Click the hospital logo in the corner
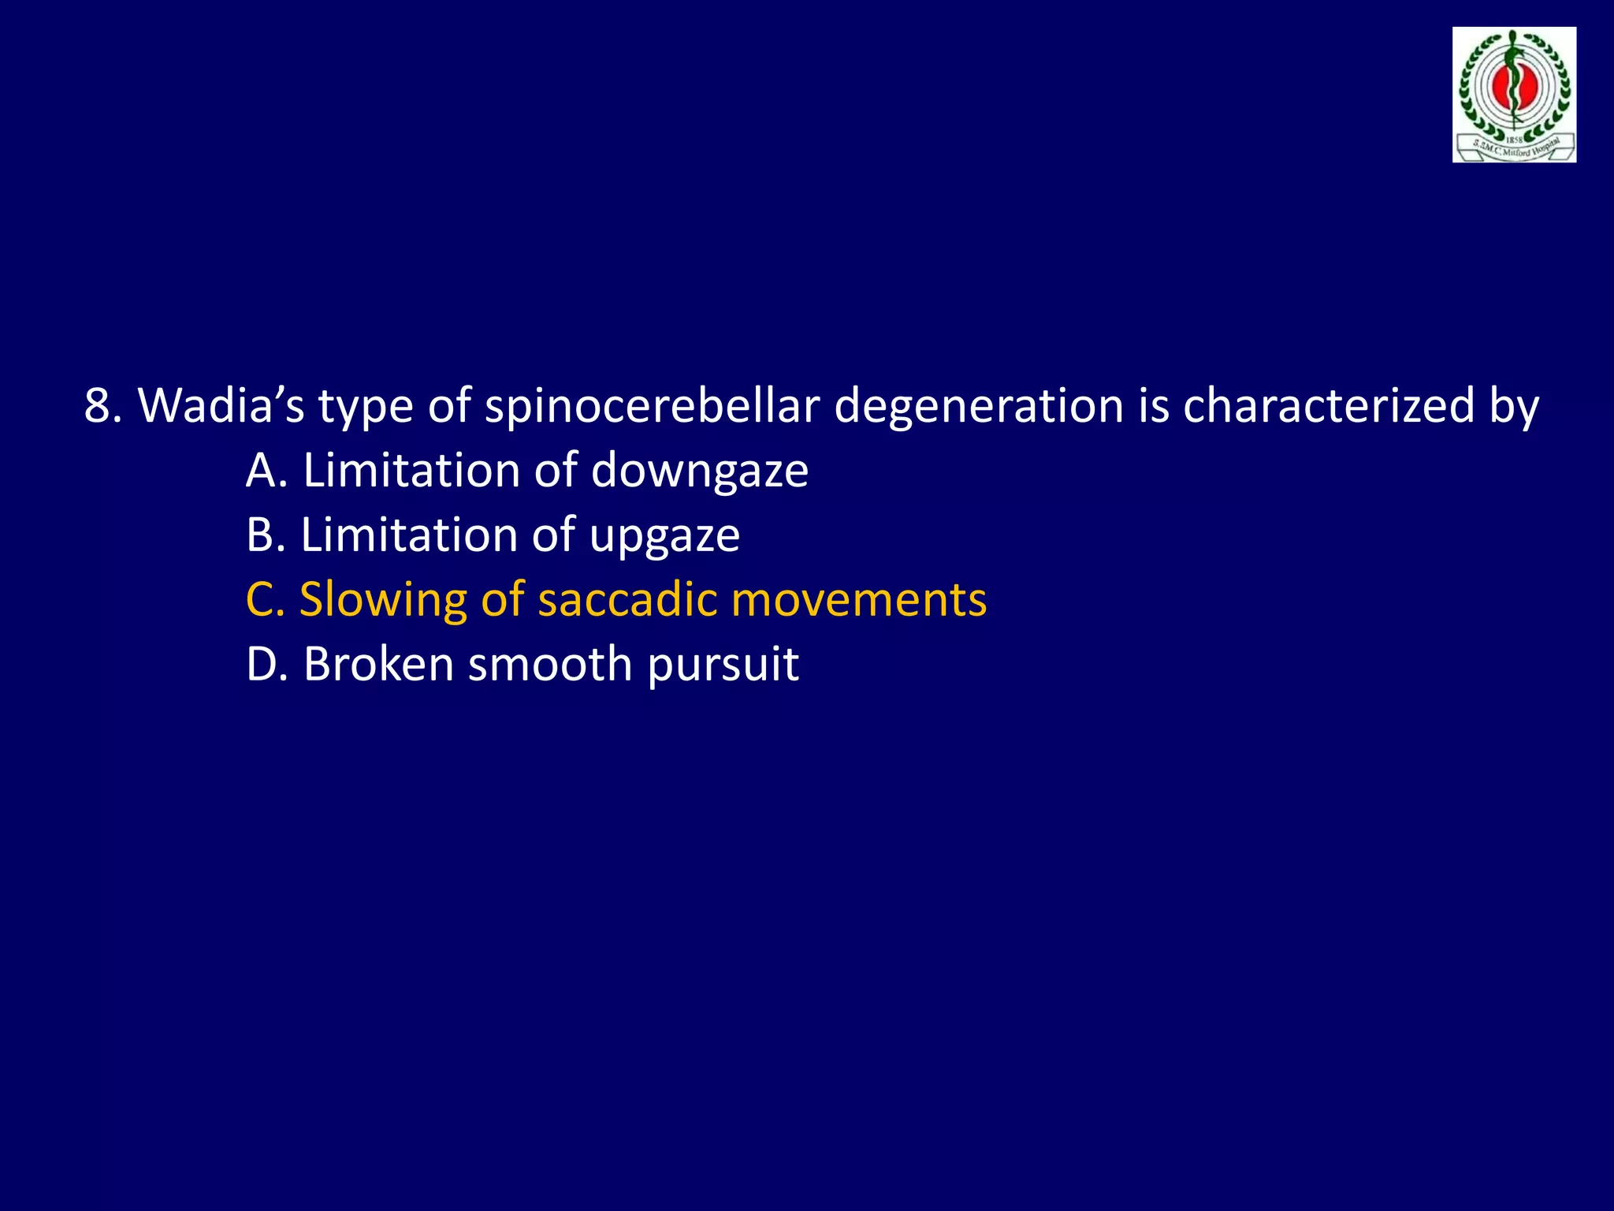tap(1514, 95)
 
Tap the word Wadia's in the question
tap(221, 406)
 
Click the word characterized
tap(1328, 406)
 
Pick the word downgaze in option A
tap(699, 471)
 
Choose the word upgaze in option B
tap(664, 536)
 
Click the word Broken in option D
tap(379, 665)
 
